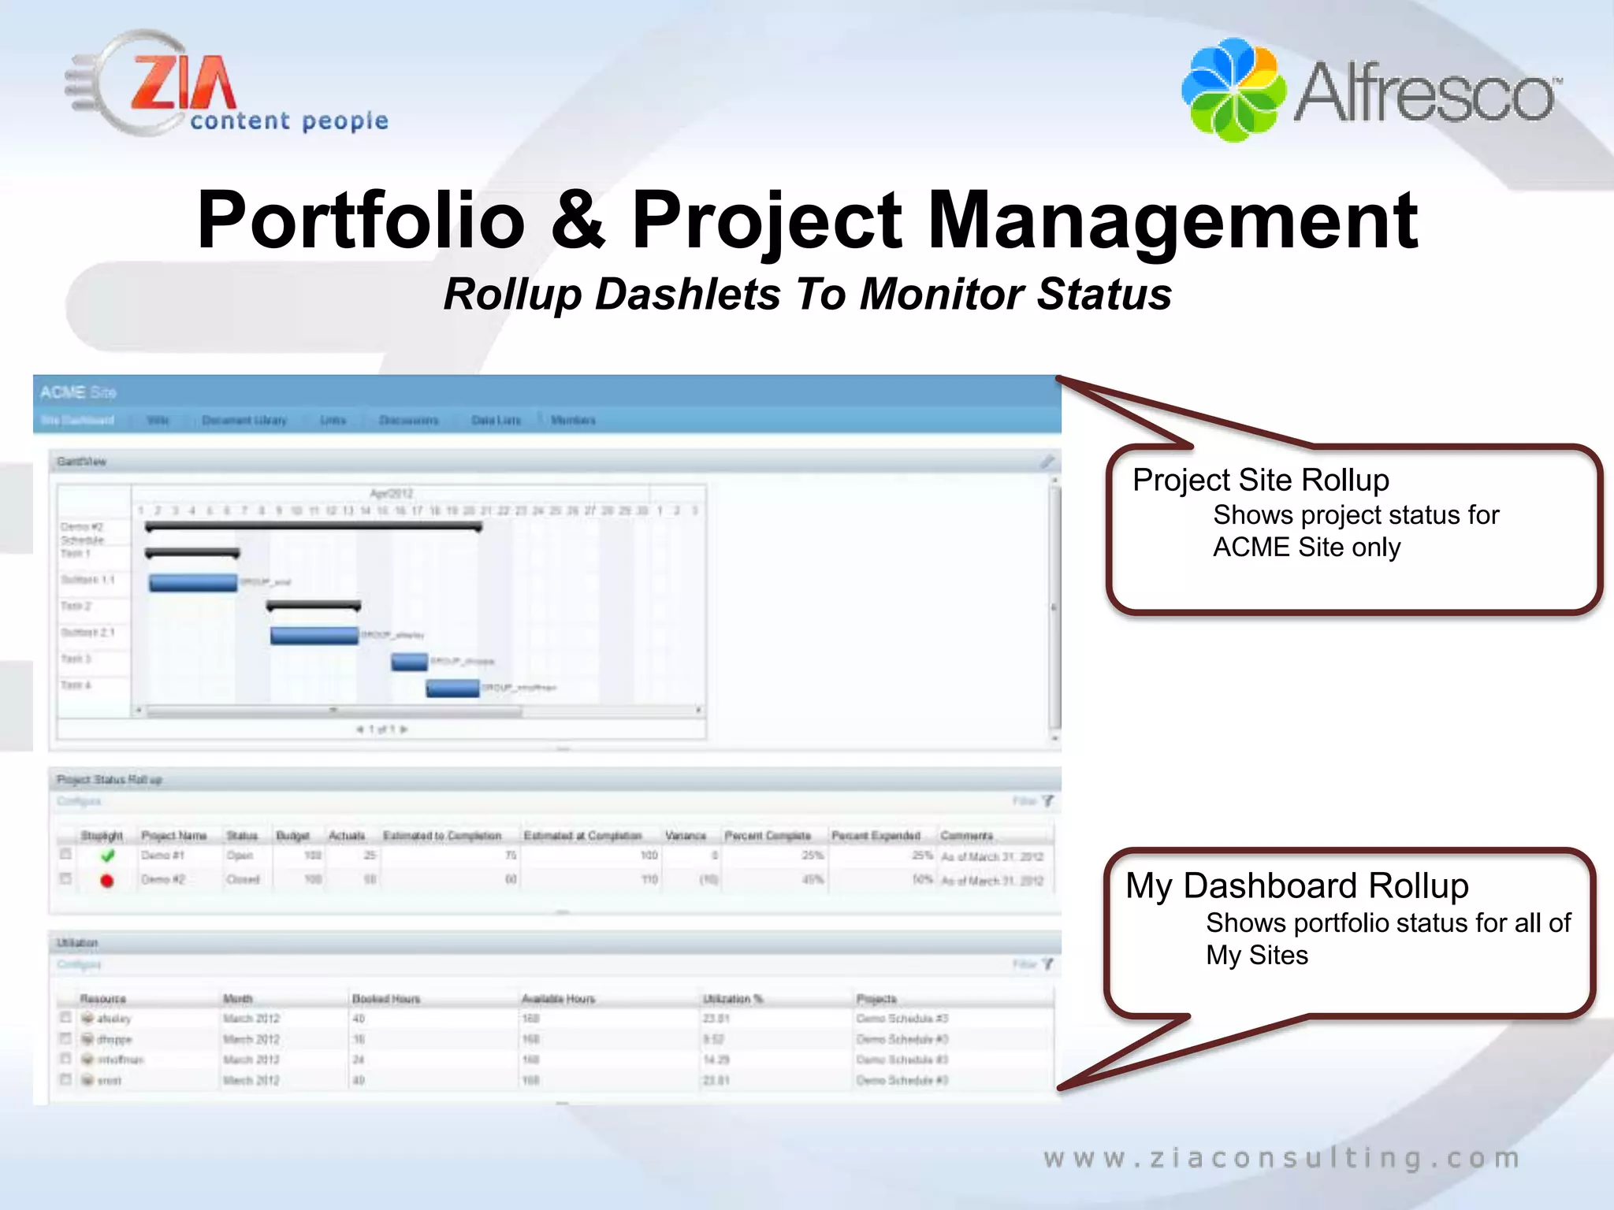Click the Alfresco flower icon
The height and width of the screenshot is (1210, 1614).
[1233, 89]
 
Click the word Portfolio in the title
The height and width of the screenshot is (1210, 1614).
[360, 221]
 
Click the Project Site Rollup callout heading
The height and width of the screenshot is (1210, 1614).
[1260, 480]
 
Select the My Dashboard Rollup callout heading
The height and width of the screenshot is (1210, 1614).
[1296, 885]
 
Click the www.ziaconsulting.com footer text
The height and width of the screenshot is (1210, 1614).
[1281, 1158]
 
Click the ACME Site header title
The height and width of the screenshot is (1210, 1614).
[78, 392]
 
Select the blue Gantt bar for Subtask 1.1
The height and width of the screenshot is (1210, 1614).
[193, 582]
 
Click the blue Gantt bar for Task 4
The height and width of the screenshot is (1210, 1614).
[452, 688]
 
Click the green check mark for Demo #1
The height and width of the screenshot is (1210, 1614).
[108, 856]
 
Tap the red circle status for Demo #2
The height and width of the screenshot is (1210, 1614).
[107, 881]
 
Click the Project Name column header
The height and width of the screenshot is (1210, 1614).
[173, 835]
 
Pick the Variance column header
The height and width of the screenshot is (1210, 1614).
[685, 835]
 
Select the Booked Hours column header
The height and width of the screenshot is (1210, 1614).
[385, 999]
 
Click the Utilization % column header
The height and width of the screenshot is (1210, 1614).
[732, 999]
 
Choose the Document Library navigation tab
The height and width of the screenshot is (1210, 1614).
[244, 420]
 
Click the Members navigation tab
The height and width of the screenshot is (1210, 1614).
[573, 420]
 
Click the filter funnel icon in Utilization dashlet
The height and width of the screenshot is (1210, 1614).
[1047, 964]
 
